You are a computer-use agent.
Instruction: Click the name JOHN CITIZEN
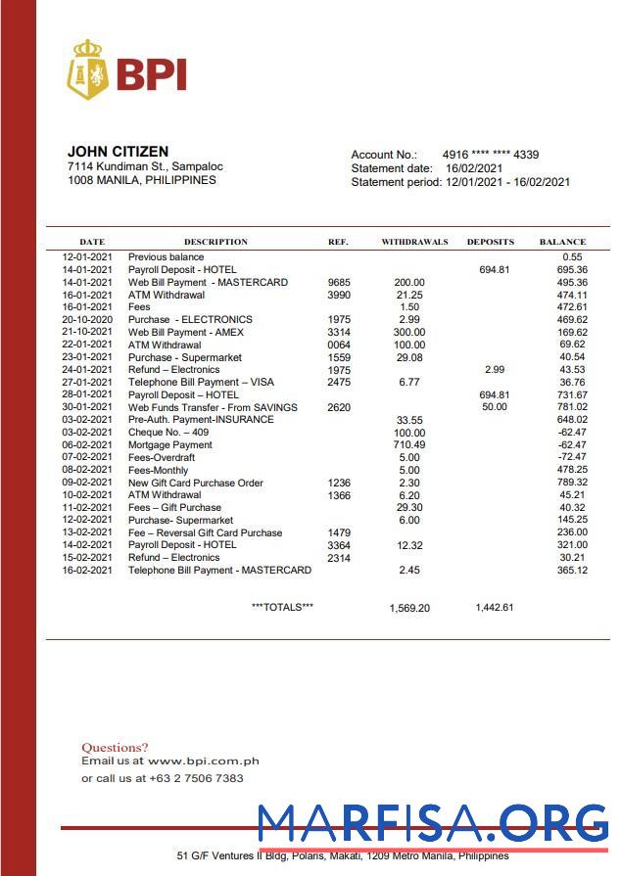118,152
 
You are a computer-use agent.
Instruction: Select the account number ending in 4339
491,155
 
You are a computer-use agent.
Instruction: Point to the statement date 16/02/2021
474,168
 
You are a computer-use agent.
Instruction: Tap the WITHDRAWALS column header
414,242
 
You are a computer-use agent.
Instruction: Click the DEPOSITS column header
490,242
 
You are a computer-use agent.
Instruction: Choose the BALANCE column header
562,242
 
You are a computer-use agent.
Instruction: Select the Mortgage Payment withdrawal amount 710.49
409,445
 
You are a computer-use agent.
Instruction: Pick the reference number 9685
339,283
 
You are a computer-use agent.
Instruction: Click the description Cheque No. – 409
168,433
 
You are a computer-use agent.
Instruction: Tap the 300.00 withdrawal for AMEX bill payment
409,333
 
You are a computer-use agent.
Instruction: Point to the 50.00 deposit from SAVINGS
495,407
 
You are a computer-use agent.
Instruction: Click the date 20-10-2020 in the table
88,320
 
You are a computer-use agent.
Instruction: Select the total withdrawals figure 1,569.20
409,608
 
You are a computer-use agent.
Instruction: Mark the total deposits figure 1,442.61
495,607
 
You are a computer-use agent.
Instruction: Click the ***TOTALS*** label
282,607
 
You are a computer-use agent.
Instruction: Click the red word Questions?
115,748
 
